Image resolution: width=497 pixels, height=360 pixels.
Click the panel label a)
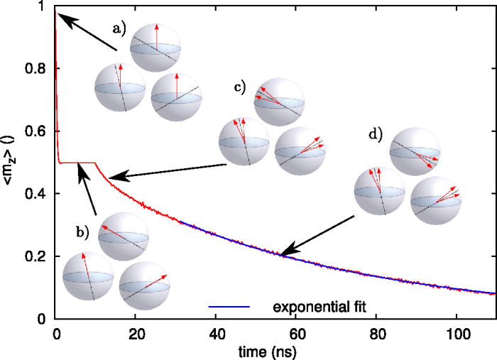pyautogui.click(x=118, y=28)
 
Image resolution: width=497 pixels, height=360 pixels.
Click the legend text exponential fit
pyautogui.click(x=319, y=306)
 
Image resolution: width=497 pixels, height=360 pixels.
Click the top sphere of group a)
pyautogui.click(x=155, y=47)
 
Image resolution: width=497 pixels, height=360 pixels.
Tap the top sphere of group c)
pyautogui.click(x=279, y=102)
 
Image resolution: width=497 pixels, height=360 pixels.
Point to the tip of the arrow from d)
pyautogui.click(x=281, y=254)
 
